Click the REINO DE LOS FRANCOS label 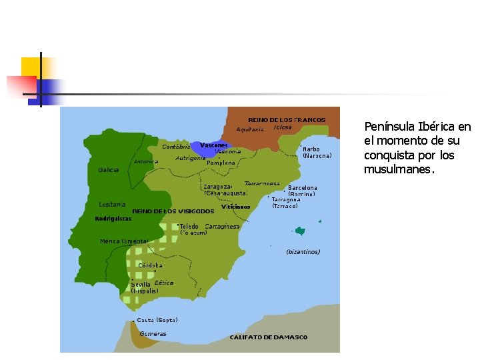287,120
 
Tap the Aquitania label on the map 250,129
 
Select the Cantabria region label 176,147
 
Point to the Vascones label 214,145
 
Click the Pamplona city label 221,162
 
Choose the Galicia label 109,170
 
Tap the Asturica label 146,161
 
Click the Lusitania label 112,204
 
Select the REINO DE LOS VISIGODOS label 163,211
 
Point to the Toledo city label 189,226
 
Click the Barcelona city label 303,188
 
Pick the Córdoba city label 150,265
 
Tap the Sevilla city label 141,284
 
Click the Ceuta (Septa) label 157,320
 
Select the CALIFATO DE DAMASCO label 269,337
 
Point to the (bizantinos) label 303,252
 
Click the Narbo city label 311,149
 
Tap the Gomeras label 153,333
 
